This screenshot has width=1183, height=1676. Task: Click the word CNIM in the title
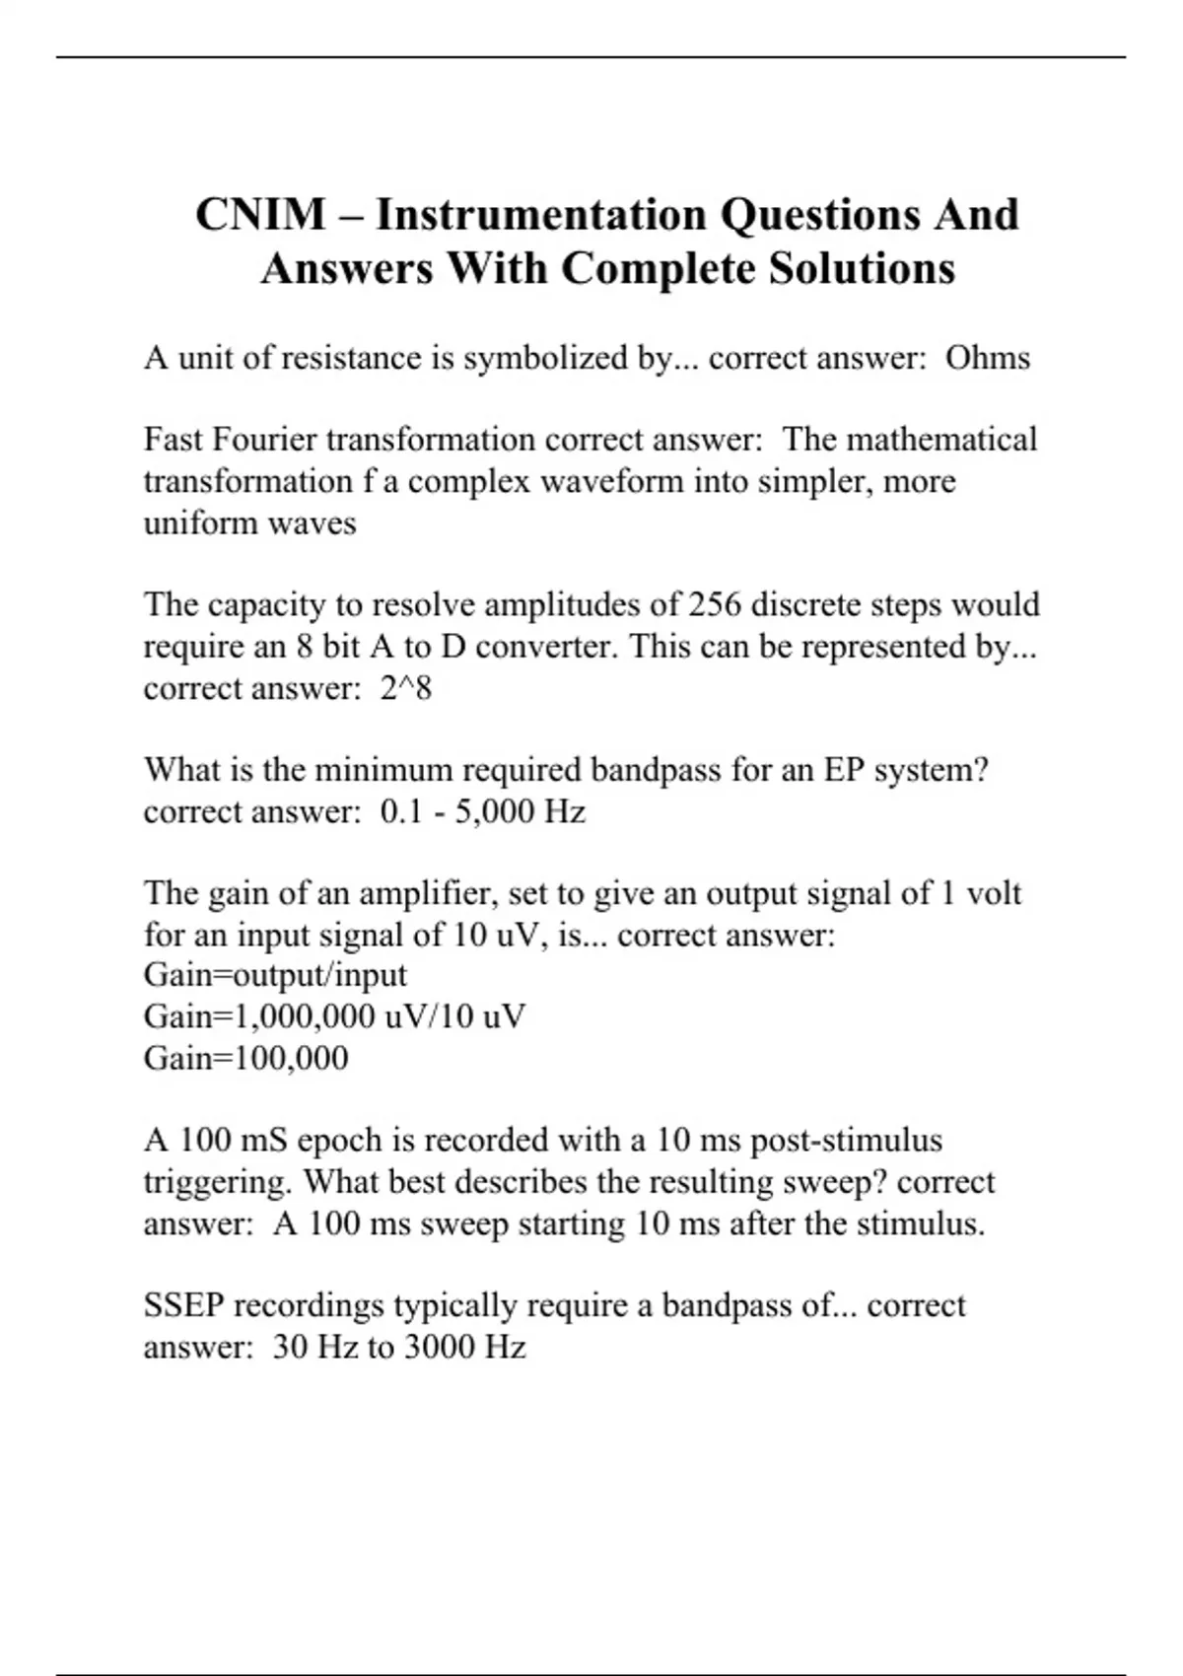(x=260, y=214)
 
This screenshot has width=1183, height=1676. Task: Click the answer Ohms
(x=987, y=357)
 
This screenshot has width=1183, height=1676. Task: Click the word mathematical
(x=941, y=439)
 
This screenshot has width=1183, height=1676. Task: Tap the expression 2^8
(x=406, y=687)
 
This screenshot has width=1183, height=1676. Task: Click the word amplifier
(x=432, y=893)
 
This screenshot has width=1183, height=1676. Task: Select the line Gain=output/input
(x=275, y=975)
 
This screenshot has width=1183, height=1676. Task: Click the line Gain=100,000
(x=245, y=1058)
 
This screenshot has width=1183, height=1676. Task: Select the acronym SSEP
(x=184, y=1305)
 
